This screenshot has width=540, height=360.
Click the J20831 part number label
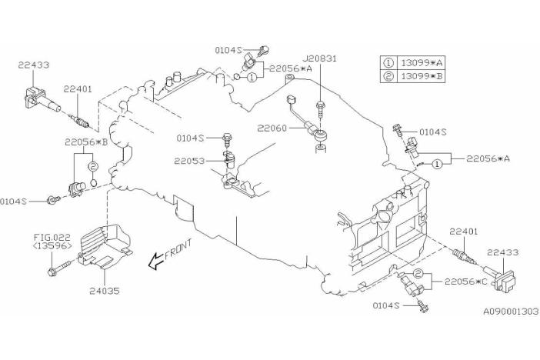320,58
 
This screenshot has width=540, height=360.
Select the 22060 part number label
272,128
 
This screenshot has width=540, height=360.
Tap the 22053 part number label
189,161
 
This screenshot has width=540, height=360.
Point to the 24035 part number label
105,291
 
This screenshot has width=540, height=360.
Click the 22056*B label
86,142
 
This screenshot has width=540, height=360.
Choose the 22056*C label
466,282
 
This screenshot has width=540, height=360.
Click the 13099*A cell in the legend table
421,63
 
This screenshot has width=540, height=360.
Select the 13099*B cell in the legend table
421,76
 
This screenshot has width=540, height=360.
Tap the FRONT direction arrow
155,261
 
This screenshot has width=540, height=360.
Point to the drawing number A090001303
511,312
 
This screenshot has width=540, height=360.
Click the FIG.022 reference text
52,238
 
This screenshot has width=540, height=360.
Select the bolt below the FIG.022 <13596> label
60,268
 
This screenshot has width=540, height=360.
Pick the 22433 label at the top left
33,65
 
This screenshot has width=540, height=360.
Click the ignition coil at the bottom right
500,279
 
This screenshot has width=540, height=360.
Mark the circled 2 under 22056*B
93,167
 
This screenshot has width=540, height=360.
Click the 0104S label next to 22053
190,138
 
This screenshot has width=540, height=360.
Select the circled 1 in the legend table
388,63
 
